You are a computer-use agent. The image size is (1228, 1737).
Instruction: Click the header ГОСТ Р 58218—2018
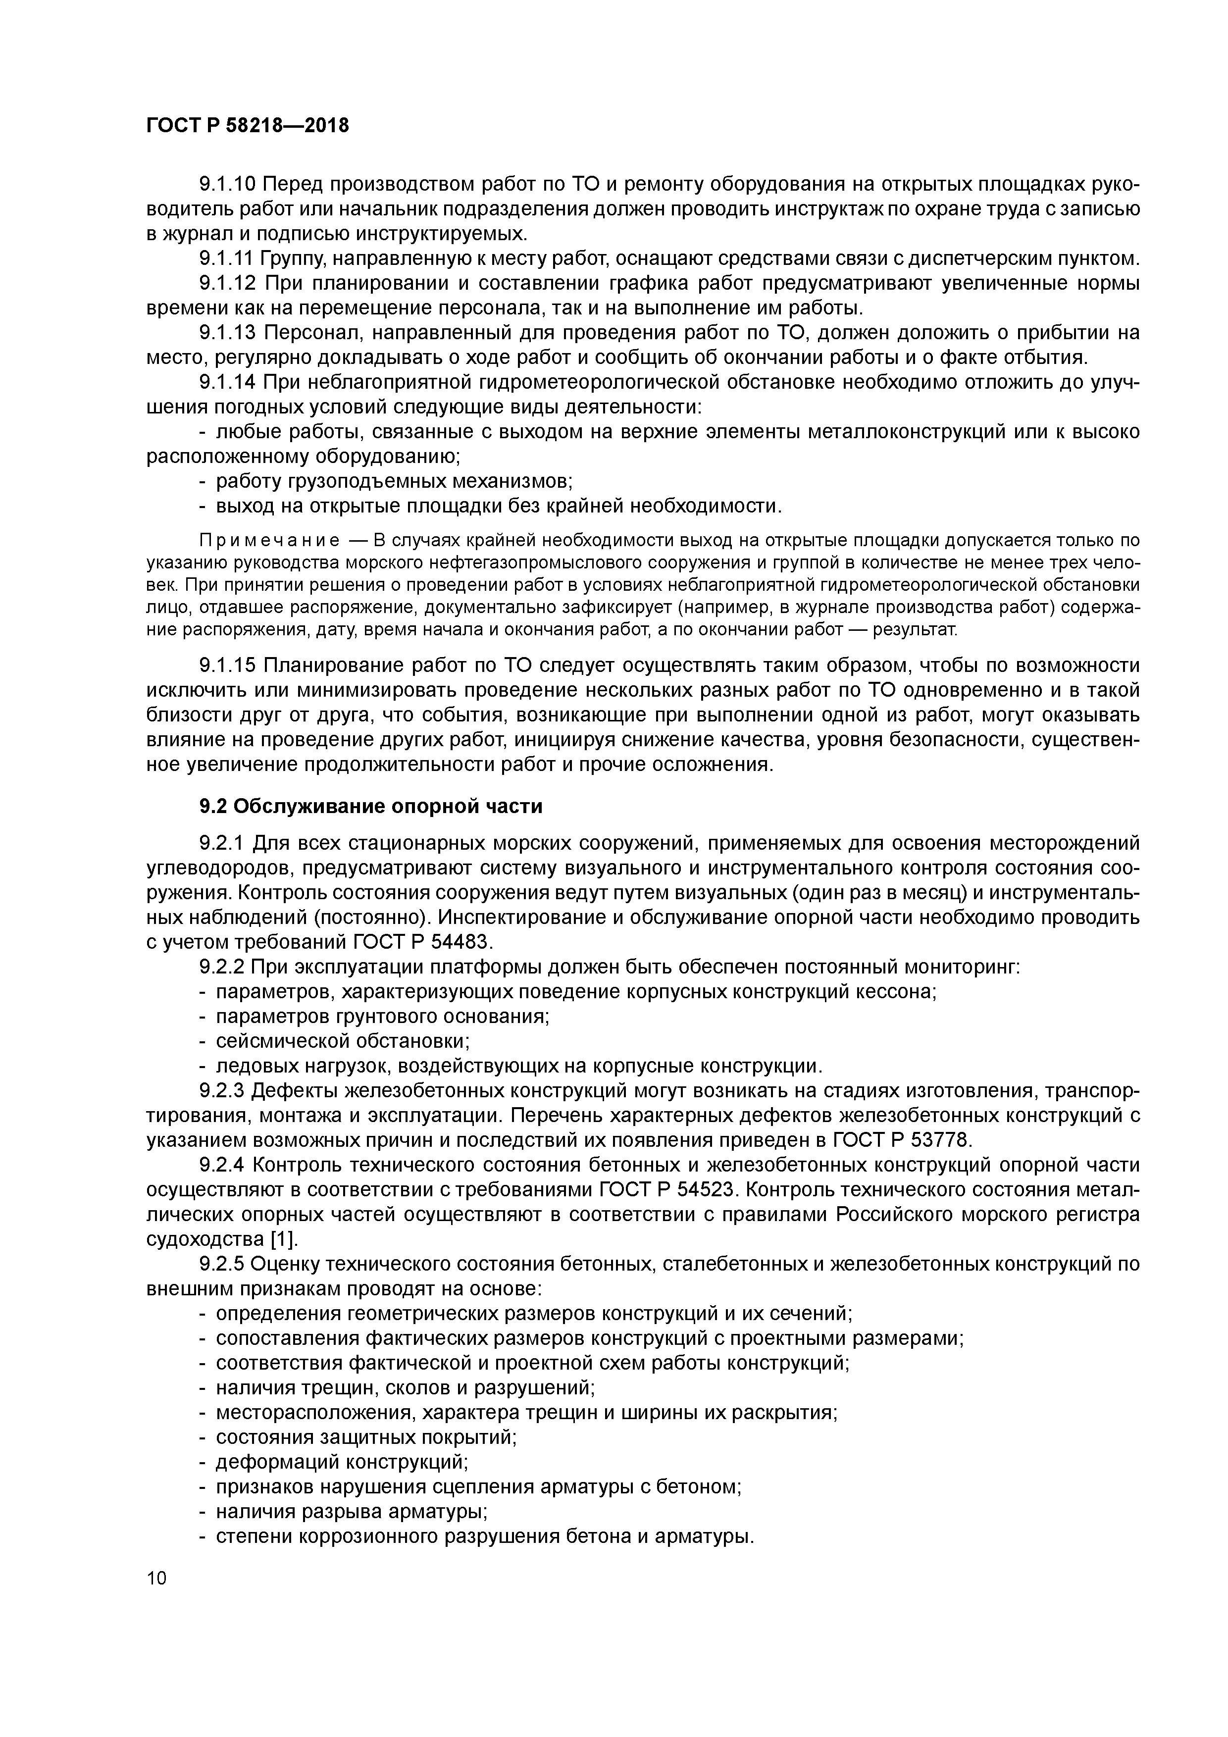[x=248, y=126]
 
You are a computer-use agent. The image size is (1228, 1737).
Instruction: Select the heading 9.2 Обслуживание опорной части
[x=371, y=807]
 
